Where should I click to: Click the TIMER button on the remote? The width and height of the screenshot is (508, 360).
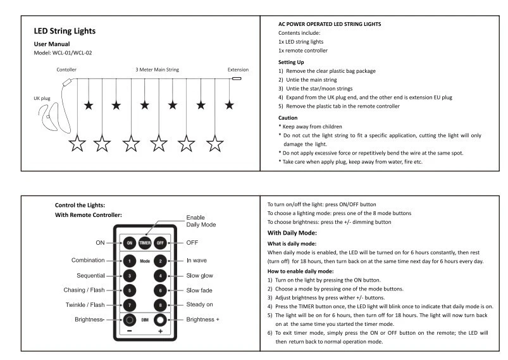pos(144,243)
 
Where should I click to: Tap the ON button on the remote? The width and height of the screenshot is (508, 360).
pos(129,243)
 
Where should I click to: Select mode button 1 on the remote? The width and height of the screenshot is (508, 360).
pos(129,260)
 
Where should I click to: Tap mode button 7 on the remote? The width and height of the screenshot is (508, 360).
pos(129,305)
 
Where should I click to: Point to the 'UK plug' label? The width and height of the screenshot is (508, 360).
pos(42,99)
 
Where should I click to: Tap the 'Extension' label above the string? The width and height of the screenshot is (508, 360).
pos(238,70)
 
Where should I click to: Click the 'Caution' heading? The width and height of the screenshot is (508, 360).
pos(288,118)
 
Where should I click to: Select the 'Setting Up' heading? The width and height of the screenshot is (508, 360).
pos(291,62)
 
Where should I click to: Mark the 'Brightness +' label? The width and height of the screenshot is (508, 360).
pos(203,320)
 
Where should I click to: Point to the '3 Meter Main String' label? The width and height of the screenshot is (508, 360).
pos(158,70)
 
